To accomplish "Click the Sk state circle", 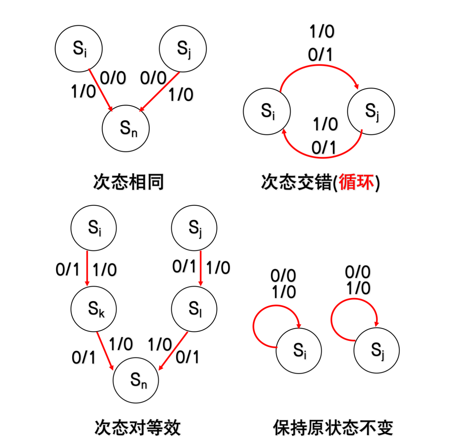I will point(94,309).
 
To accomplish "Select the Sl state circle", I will point(194,309).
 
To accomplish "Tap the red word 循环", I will point(356,182).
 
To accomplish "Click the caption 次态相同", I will point(128,182).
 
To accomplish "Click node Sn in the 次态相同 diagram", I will point(126,128).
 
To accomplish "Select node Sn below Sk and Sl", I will point(136,380).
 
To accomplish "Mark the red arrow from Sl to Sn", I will point(173,351).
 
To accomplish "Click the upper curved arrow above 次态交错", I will point(319,66).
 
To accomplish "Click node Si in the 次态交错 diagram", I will point(267,111).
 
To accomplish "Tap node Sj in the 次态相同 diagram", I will point(183,49).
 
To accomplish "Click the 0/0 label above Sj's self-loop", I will point(358,272).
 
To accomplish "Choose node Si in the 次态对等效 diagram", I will point(94,228).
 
